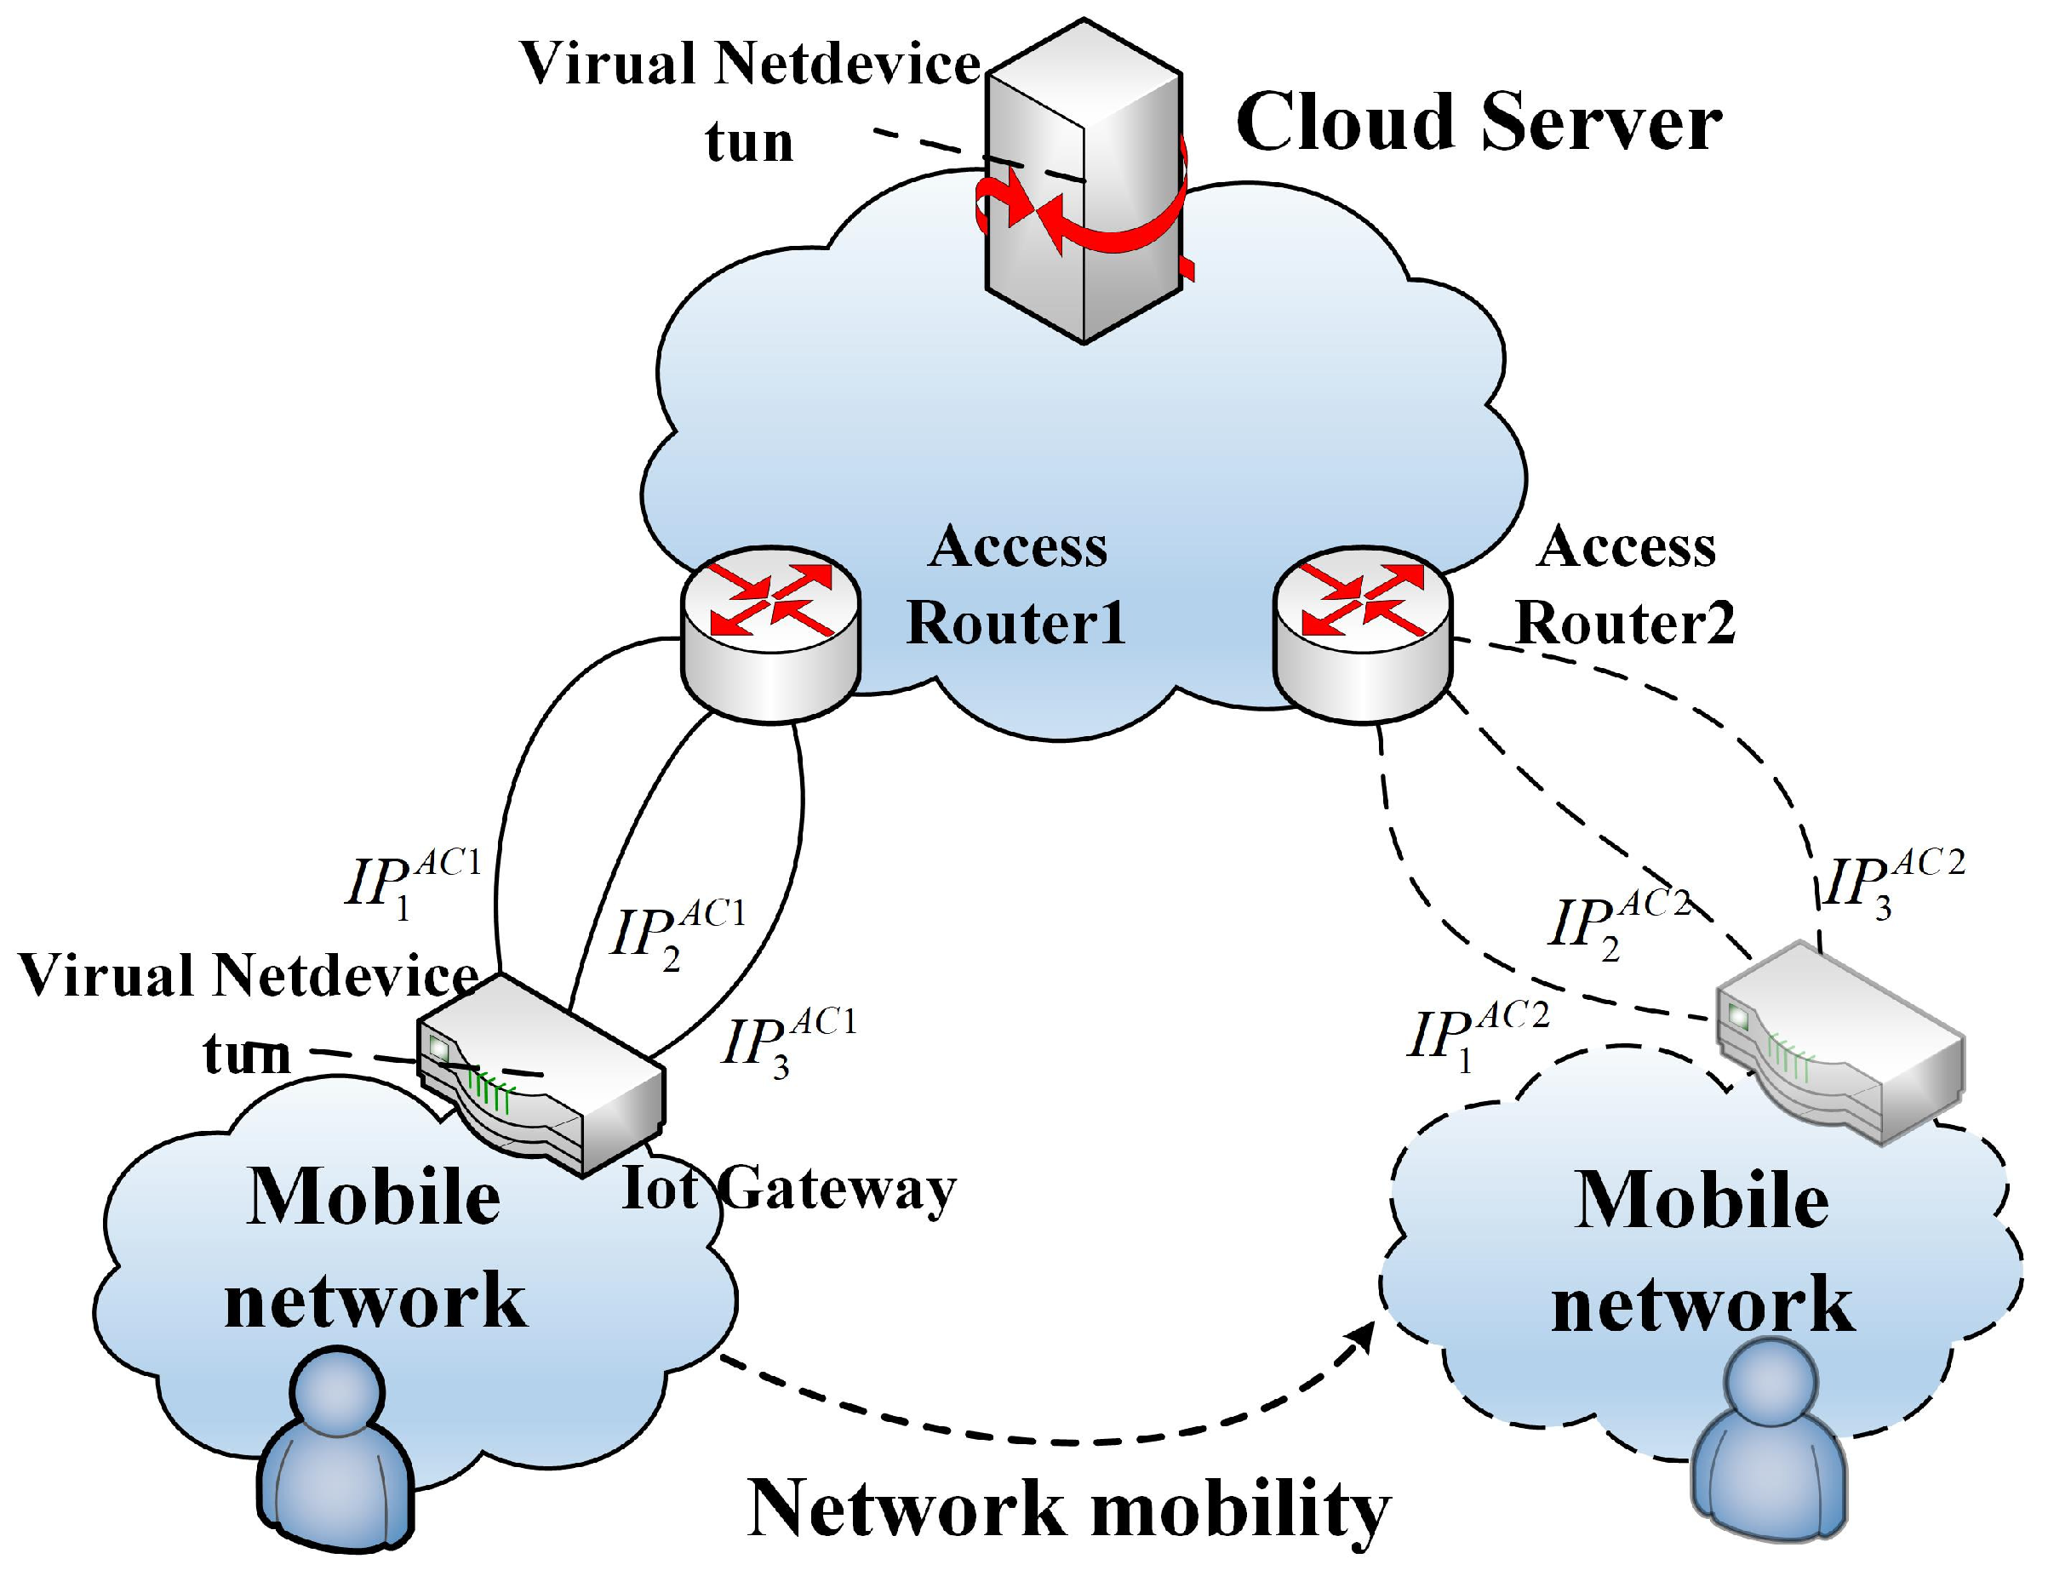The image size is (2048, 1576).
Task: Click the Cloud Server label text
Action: coord(1478,123)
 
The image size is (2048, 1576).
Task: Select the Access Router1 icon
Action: coord(769,634)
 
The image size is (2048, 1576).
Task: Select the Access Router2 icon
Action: coord(1362,634)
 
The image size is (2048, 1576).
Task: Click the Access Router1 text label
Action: coord(1015,585)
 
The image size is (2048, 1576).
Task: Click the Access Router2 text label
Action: coord(1625,585)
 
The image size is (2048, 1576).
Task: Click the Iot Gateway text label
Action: coord(788,1189)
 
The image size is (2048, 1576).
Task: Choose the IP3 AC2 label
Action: coord(1891,883)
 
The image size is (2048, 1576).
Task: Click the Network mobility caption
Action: coord(1069,1509)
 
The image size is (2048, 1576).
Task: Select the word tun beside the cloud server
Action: coord(749,142)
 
